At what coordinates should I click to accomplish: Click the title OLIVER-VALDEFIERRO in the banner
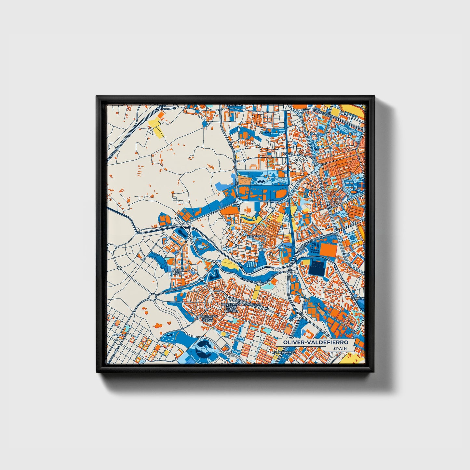(315, 342)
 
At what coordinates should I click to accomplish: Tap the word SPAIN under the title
(340, 349)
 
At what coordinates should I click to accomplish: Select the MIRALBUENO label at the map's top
(232, 106)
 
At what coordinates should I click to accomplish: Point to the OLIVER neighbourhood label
(288, 154)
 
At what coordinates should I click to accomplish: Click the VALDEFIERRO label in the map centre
(257, 236)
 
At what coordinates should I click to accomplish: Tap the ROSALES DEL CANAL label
(178, 272)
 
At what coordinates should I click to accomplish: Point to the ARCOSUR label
(119, 335)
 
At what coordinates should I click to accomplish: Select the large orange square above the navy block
(329, 249)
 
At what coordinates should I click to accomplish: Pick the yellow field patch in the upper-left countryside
(156, 127)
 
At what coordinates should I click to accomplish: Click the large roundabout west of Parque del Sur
(153, 297)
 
